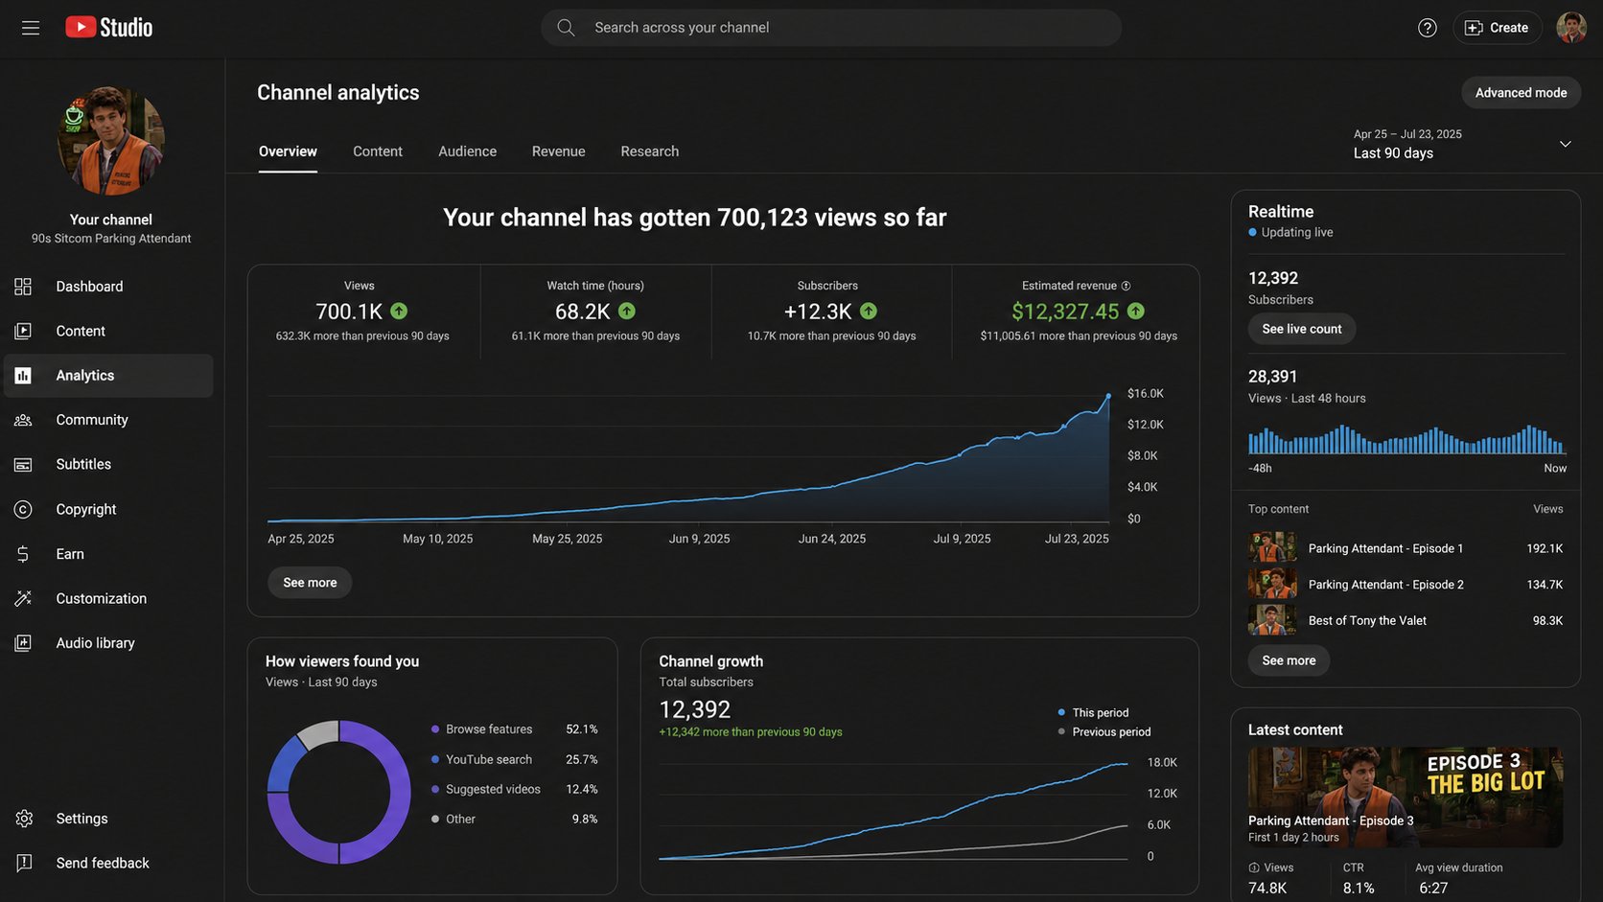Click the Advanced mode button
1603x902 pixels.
[1521, 93]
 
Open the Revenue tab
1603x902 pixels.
[558, 151]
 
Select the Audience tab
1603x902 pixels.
[467, 151]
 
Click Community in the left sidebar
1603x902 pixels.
[92, 420]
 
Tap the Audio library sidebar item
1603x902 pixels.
[95, 643]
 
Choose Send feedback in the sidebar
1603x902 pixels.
[103, 864]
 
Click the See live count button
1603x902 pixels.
[1302, 329]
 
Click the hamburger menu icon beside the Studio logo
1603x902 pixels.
[30, 28]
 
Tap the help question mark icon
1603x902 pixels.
[1427, 28]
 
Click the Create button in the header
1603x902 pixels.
[1498, 28]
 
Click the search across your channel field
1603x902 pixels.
[831, 28]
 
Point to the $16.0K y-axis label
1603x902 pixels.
[1145, 393]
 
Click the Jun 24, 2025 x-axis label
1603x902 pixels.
[831, 539]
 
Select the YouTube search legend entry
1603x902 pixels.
[489, 759]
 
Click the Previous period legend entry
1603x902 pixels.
[1111, 731]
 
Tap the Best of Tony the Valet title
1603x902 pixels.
[1367, 621]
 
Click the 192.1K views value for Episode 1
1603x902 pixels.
[1545, 548]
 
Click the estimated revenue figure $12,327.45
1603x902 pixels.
[1065, 312]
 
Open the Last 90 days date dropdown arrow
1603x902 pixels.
[1565, 144]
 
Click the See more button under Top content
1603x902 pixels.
[1289, 660]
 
